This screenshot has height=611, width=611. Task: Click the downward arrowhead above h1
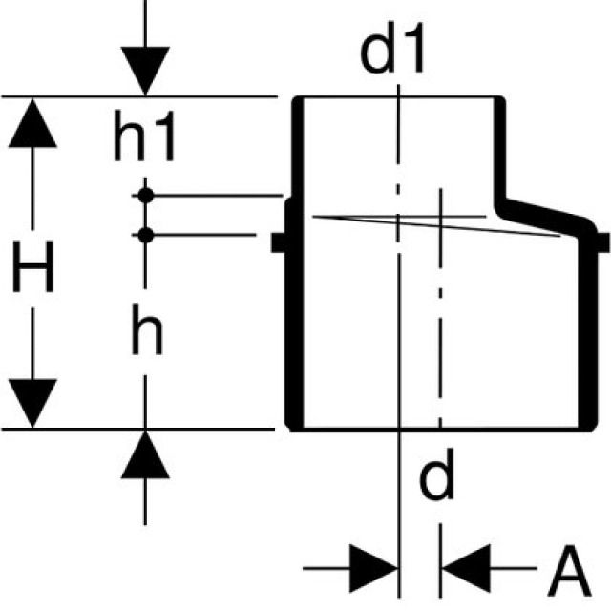tap(145, 72)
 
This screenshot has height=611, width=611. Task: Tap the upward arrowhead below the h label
tap(145, 455)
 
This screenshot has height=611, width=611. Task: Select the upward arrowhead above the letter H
tap(33, 121)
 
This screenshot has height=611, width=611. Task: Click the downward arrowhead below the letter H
tap(33, 403)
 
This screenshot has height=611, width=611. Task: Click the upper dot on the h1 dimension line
tap(145, 196)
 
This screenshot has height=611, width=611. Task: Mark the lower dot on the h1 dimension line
tap(145, 234)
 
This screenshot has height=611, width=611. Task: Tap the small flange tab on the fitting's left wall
tap(279, 242)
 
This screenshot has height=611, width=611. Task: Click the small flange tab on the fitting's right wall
tap(603, 242)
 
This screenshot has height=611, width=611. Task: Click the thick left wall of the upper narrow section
tap(297, 148)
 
